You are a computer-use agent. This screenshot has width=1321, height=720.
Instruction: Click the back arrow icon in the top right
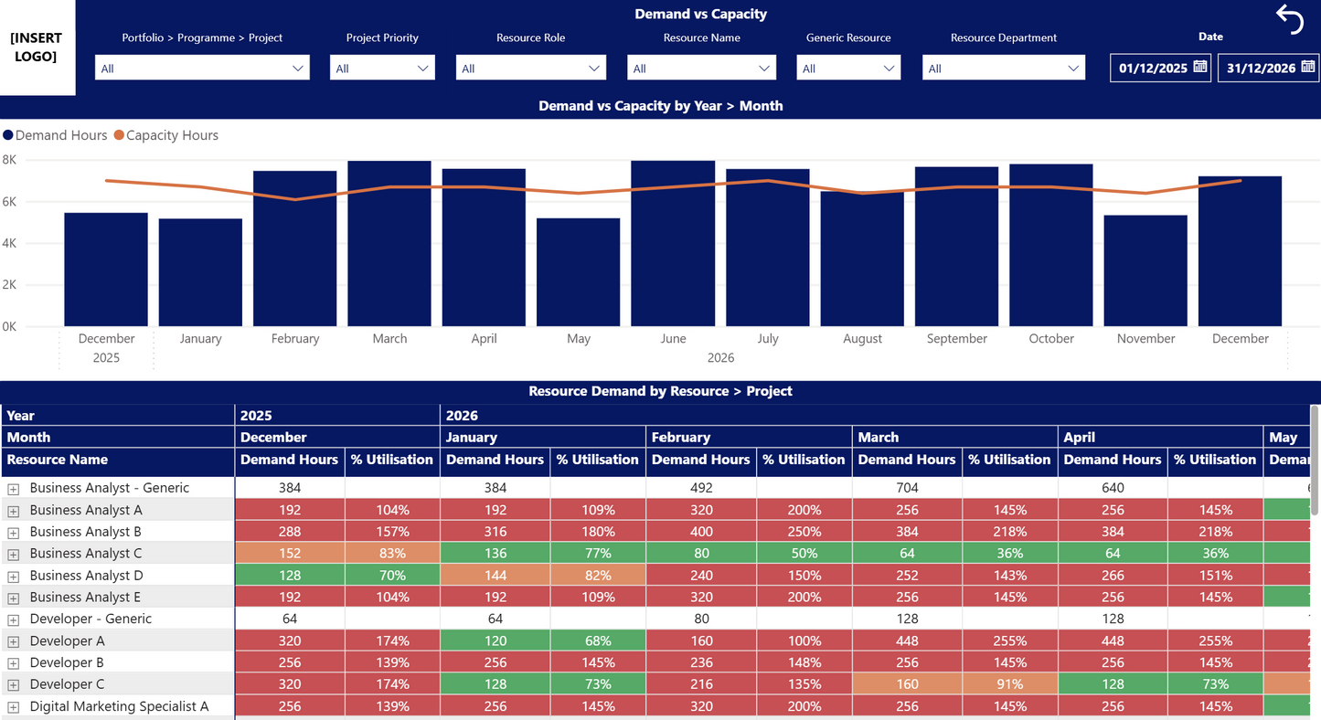[x=1290, y=19]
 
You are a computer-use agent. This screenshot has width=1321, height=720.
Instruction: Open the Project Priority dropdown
[x=382, y=69]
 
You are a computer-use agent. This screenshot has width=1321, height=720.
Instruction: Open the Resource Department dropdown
[x=1003, y=69]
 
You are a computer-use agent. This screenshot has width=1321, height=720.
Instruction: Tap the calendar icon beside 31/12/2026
[x=1307, y=67]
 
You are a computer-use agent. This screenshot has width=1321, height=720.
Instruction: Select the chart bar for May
[x=578, y=272]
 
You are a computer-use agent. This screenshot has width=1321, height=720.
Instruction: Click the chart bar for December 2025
[x=106, y=270]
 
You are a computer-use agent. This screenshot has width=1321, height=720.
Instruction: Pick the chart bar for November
[x=1145, y=270]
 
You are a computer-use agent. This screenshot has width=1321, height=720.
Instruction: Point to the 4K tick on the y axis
[x=9, y=243]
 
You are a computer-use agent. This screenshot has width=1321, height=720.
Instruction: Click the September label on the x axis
[x=956, y=339]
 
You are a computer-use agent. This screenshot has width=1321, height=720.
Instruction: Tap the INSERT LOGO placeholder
[x=37, y=48]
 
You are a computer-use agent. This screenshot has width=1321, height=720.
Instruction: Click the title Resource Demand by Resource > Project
[x=660, y=391]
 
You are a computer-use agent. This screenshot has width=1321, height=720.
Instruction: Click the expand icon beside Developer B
[x=14, y=663]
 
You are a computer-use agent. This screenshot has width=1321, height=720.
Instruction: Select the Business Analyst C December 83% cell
[x=392, y=554]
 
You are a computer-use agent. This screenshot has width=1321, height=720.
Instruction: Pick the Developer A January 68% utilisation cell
[x=598, y=641]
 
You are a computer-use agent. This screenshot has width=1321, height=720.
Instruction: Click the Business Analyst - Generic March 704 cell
[x=907, y=488]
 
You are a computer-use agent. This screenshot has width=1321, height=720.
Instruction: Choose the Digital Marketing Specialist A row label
[x=119, y=706]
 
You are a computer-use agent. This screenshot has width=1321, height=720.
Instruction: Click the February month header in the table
[x=681, y=438]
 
